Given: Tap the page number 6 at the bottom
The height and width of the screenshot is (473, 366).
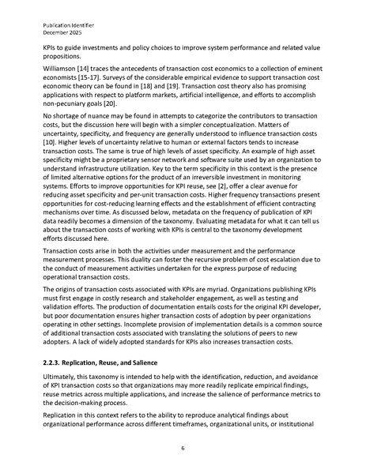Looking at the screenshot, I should point(183,448).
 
